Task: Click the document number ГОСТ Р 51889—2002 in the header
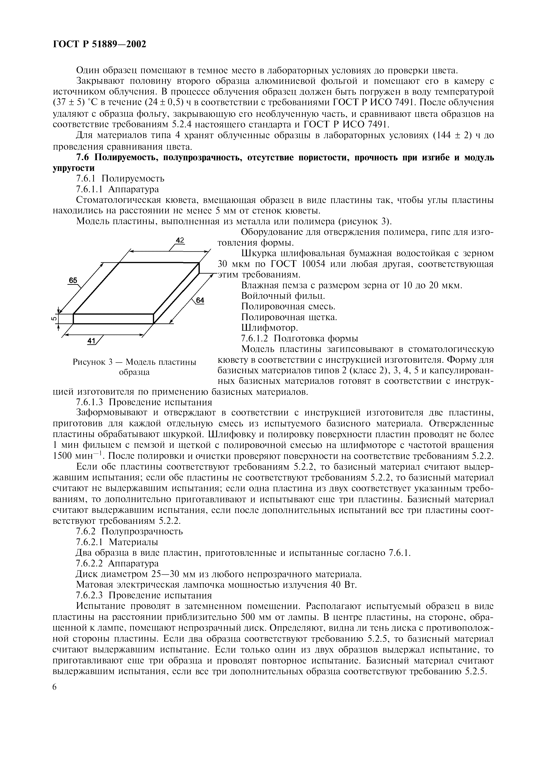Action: tap(100, 44)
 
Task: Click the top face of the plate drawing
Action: tap(136, 288)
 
